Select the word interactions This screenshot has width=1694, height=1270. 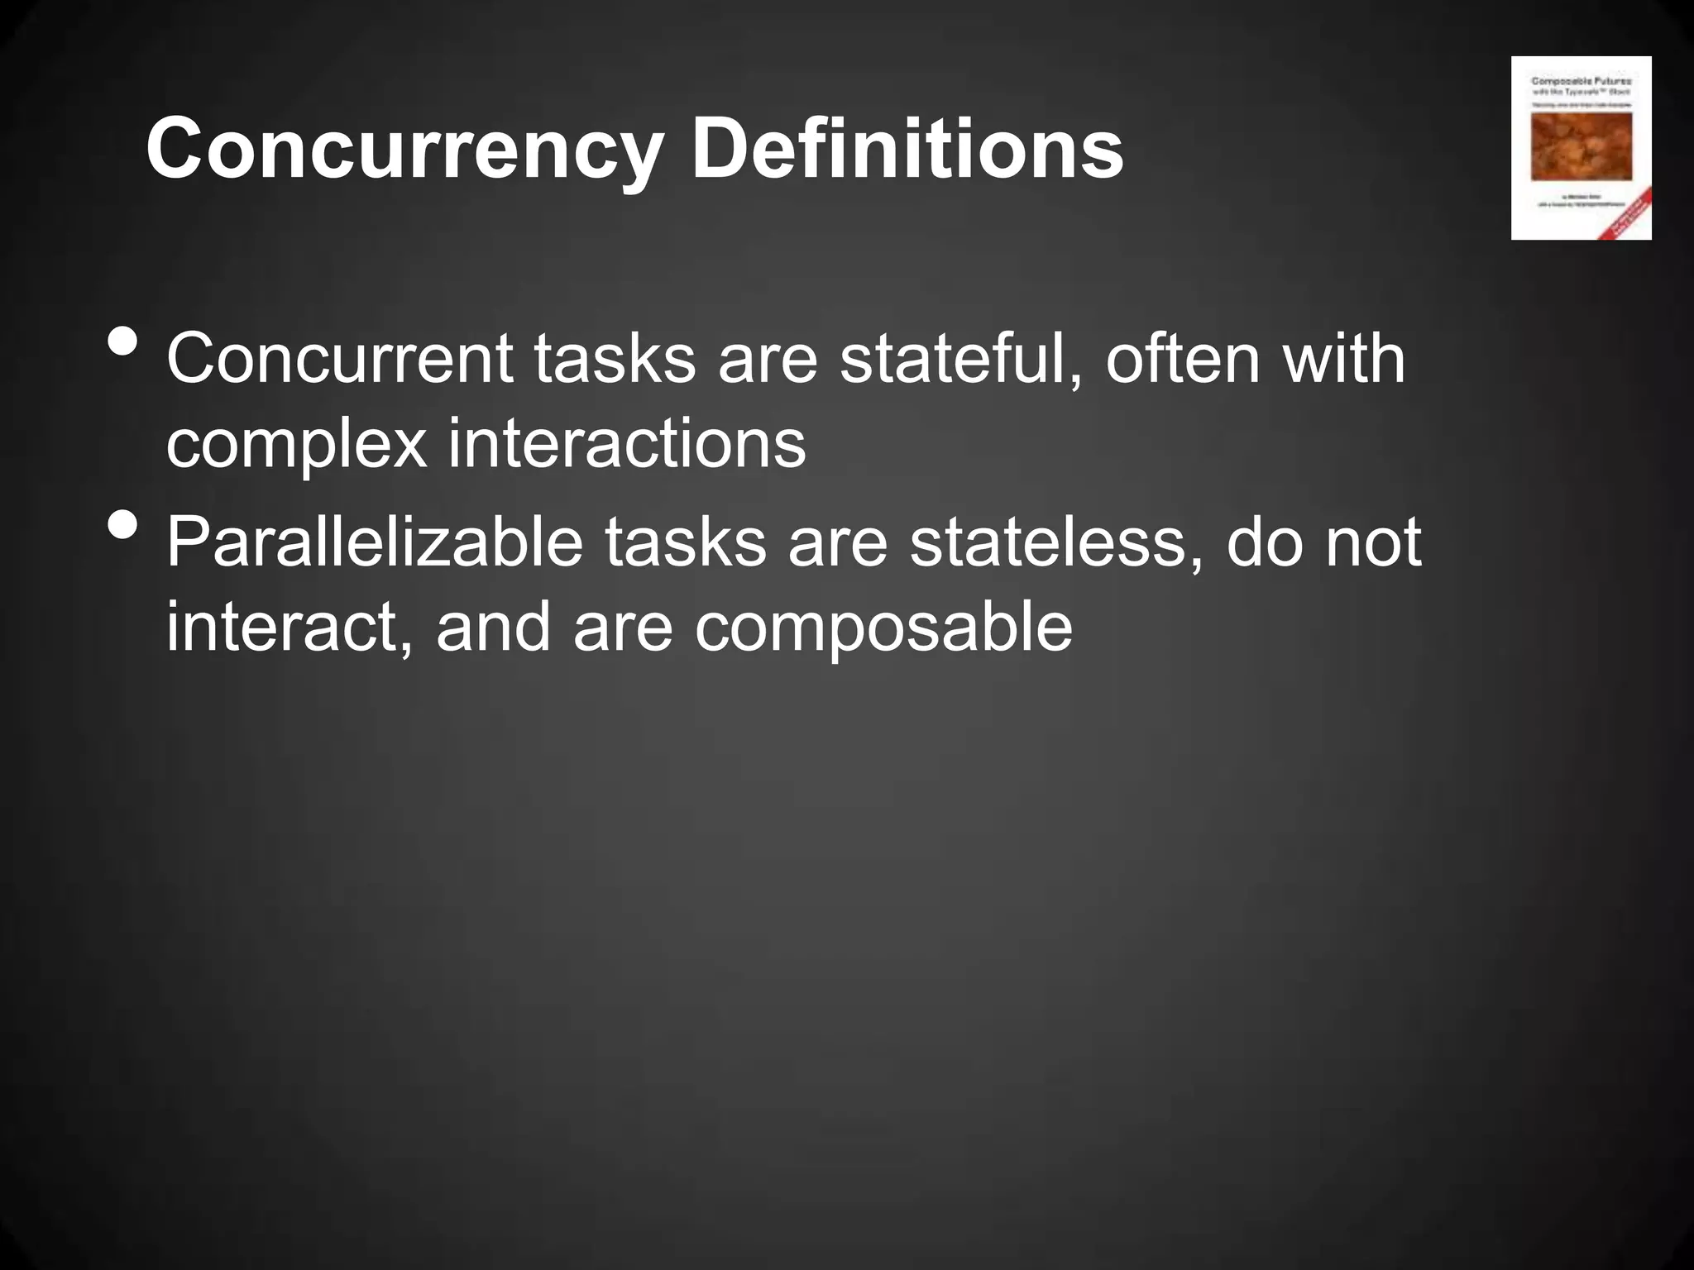[x=627, y=443]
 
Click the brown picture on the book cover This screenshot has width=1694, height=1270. [x=1582, y=146]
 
